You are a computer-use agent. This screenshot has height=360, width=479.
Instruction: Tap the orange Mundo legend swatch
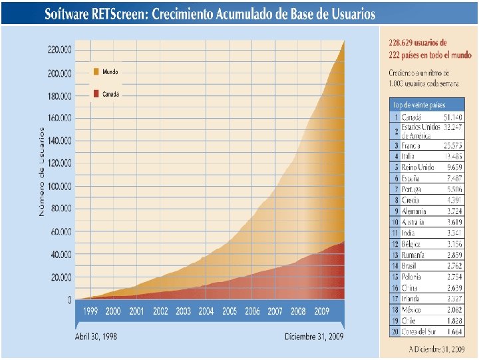pyautogui.click(x=96, y=71)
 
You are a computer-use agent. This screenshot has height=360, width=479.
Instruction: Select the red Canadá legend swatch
pyautogui.click(x=96, y=95)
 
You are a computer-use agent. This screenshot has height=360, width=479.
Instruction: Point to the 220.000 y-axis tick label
pyautogui.click(x=59, y=49)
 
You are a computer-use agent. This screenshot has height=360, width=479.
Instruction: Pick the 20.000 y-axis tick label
pyautogui.click(x=61, y=277)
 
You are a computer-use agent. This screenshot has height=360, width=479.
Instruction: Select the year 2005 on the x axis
pyautogui.click(x=230, y=311)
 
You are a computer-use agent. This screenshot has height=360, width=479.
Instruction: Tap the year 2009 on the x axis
pyautogui.click(x=322, y=311)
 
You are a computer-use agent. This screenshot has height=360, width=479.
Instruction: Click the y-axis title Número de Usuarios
pyautogui.click(x=41, y=171)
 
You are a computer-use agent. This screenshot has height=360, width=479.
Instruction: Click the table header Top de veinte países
pyautogui.click(x=419, y=105)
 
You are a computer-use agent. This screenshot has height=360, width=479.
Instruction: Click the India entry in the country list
pyautogui.click(x=409, y=233)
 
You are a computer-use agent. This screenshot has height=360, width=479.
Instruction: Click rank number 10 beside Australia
pyautogui.click(x=395, y=221)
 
